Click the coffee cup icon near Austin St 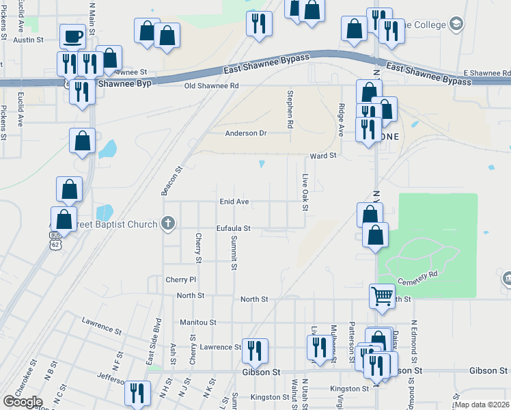click(x=72, y=36)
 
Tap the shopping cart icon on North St click(x=382, y=296)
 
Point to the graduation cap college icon click(x=455, y=25)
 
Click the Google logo click(x=23, y=402)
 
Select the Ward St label click(x=323, y=156)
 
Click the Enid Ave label click(x=234, y=202)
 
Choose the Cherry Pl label click(x=180, y=279)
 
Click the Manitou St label click(x=198, y=322)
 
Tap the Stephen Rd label click(x=290, y=109)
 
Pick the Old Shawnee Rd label click(x=211, y=86)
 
